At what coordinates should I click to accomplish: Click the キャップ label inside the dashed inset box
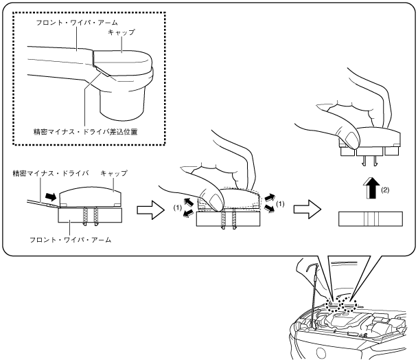(121, 32)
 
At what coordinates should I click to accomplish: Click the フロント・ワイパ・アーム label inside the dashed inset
(77, 23)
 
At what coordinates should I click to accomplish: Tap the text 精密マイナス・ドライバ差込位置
(85, 132)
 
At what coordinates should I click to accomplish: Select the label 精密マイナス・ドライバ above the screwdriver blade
(51, 173)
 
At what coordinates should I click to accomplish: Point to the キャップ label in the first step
(114, 173)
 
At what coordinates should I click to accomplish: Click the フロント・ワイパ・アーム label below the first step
(71, 240)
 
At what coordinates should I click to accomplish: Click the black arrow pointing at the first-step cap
(51, 197)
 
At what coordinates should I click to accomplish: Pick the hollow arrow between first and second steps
(151, 210)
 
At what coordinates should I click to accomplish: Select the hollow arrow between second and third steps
(307, 210)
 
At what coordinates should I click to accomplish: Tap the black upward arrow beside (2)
(373, 188)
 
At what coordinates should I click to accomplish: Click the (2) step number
(385, 190)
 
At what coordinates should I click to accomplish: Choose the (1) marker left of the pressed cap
(178, 207)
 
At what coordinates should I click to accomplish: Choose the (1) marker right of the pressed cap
(280, 204)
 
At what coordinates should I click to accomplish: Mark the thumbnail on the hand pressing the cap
(216, 201)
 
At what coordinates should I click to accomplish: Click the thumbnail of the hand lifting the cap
(351, 139)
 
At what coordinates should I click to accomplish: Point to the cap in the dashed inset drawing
(123, 62)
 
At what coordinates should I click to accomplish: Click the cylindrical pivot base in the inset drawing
(123, 104)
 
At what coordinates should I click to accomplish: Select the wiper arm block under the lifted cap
(371, 219)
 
